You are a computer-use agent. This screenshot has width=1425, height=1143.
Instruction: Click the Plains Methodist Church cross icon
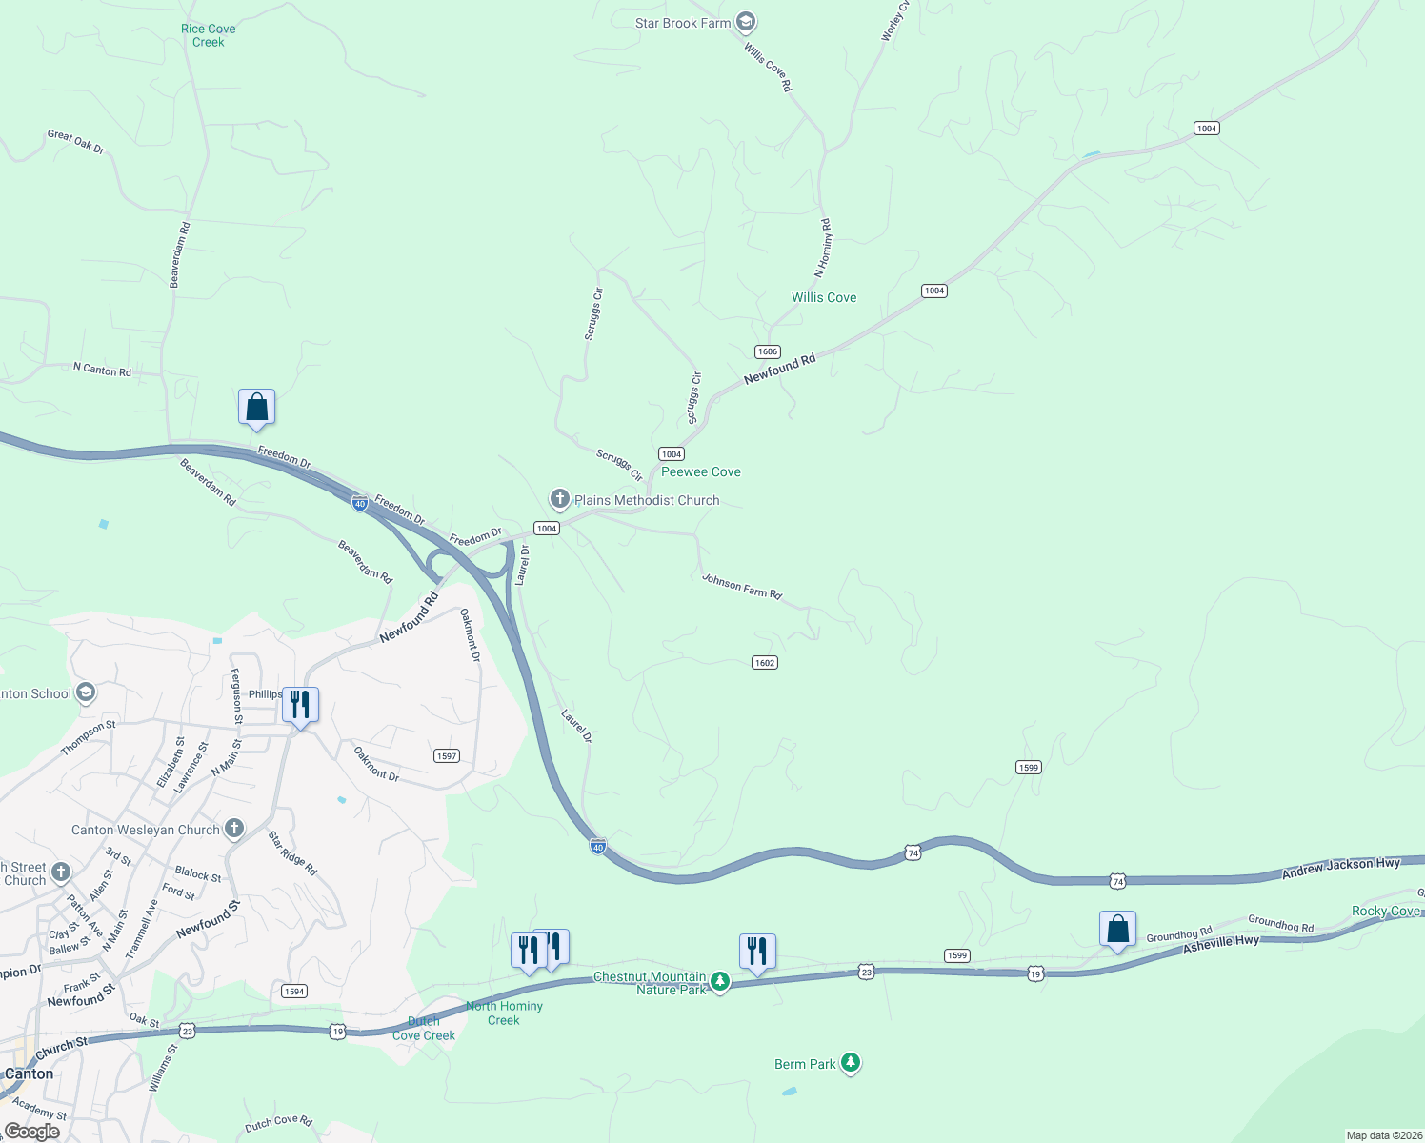(559, 499)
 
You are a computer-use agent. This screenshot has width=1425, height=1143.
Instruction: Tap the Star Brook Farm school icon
(746, 23)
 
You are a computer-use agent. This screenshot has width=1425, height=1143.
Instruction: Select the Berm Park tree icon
(851, 1063)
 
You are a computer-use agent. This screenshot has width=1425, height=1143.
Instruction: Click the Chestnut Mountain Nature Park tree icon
(720, 982)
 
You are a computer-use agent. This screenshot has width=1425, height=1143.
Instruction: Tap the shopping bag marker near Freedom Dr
(256, 408)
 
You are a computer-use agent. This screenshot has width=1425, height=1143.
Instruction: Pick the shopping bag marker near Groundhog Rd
(1117, 930)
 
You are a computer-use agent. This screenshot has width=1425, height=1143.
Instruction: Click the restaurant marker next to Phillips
(300, 706)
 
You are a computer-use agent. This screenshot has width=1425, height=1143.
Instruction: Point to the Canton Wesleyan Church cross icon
(234, 830)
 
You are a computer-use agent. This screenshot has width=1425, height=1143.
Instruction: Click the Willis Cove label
(824, 297)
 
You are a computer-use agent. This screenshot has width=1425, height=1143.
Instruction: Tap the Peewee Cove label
(701, 471)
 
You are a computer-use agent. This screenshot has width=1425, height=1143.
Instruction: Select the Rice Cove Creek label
(208, 35)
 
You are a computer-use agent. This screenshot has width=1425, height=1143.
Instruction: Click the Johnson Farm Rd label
(742, 586)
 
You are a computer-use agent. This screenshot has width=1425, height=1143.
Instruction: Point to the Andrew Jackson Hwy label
(1341, 866)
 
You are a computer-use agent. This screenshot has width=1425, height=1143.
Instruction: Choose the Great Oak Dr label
(76, 142)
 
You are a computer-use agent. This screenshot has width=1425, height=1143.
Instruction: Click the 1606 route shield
(768, 351)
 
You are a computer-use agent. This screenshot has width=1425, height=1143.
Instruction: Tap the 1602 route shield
(764, 662)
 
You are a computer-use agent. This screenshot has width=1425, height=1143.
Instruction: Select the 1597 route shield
(447, 755)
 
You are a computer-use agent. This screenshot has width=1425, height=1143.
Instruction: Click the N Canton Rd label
(103, 370)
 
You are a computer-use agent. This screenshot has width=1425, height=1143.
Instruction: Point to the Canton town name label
(29, 1073)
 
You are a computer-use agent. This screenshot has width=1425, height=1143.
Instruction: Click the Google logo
(31, 1132)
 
